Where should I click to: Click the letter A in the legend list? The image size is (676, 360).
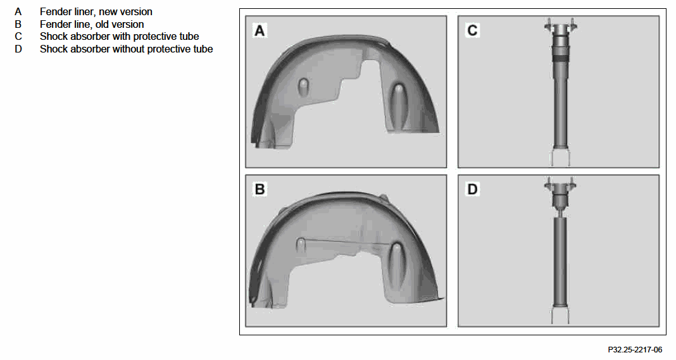18,11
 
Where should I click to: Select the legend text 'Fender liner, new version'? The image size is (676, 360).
96,11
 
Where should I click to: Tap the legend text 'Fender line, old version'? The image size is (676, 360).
92,24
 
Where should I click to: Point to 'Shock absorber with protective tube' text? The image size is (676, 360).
120,36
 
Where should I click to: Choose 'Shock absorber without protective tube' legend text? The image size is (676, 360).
127,49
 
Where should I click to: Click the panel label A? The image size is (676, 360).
260,30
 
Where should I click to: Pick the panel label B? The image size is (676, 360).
260,189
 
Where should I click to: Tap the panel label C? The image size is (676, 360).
473,30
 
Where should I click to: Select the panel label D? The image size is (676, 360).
473,189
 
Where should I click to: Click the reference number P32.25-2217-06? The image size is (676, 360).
635,349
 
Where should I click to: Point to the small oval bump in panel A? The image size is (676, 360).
304,86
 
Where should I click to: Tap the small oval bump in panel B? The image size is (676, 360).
301,245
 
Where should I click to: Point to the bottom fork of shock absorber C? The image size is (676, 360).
560,157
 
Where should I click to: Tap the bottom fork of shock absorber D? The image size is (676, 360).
560,315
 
